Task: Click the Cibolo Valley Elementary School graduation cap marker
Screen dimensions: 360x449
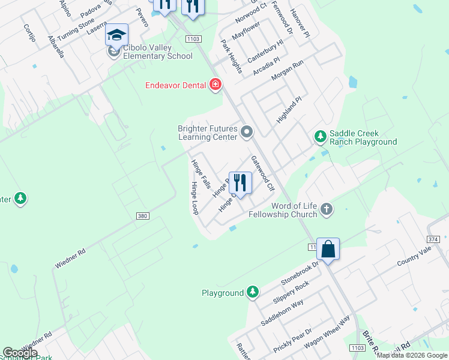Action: point(117,35)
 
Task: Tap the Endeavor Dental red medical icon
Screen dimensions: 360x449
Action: point(215,85)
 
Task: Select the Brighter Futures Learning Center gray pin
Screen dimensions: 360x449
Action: point(247,131)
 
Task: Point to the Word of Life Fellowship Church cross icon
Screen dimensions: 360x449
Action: point(327,209)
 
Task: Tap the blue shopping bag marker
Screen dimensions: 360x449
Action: point(328,249)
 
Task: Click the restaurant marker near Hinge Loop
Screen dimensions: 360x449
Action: point(240,183)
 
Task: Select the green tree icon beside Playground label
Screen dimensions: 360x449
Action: point(253,292)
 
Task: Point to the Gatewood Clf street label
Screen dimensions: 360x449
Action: point(262,174)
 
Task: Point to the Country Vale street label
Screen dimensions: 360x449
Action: point(414,259)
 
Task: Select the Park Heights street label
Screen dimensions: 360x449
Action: point(231,56)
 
